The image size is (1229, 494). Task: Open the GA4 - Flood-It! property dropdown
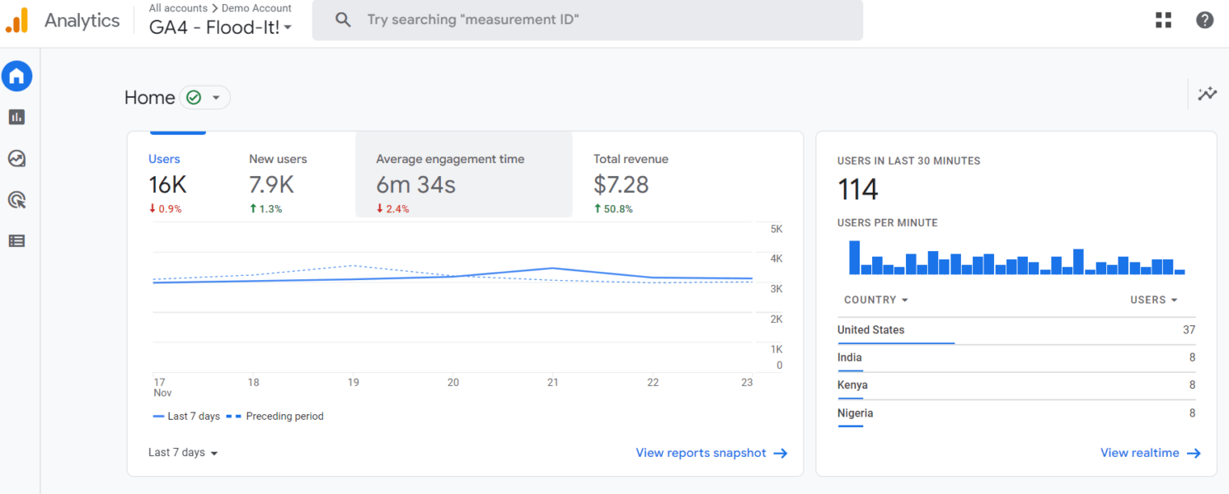(x=221, y=27)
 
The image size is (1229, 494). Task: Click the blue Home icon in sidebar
(x=17, y=77)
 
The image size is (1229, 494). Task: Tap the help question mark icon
(x=1204, y=21)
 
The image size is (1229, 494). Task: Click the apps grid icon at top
(x=1163, y=21)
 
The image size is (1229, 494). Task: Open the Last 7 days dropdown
(x=183, y=453)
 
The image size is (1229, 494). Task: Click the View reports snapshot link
(x=711, y=453)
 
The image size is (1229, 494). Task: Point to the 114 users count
(x=858, y=190)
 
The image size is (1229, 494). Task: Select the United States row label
(x=870, y=330)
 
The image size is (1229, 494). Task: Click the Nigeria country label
(x=855, y=413)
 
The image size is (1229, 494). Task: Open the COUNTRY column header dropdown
(x=876, y=301)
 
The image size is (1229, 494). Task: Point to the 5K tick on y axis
(x=776, y=229)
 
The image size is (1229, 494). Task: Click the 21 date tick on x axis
(x=553, y=382)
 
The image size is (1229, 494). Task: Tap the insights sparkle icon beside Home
(x=1207, y=94)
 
